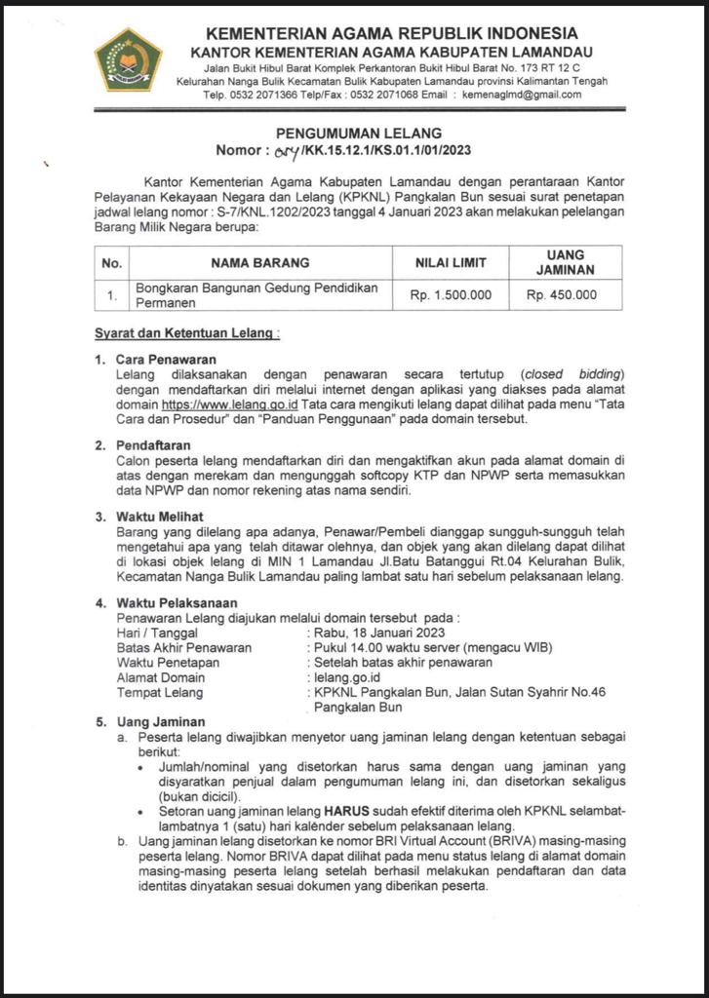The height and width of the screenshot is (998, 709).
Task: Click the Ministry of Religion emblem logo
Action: (x=127, y=59)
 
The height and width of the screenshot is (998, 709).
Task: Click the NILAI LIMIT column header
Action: (x=452, y=262)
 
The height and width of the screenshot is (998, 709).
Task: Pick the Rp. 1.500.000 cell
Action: (x=451, y=295)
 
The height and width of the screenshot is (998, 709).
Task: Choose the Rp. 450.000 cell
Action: (x=562, y=295)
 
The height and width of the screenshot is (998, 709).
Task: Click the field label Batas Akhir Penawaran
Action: (x=183, y=647)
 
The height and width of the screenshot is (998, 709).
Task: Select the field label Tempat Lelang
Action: (x=160, y=692)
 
